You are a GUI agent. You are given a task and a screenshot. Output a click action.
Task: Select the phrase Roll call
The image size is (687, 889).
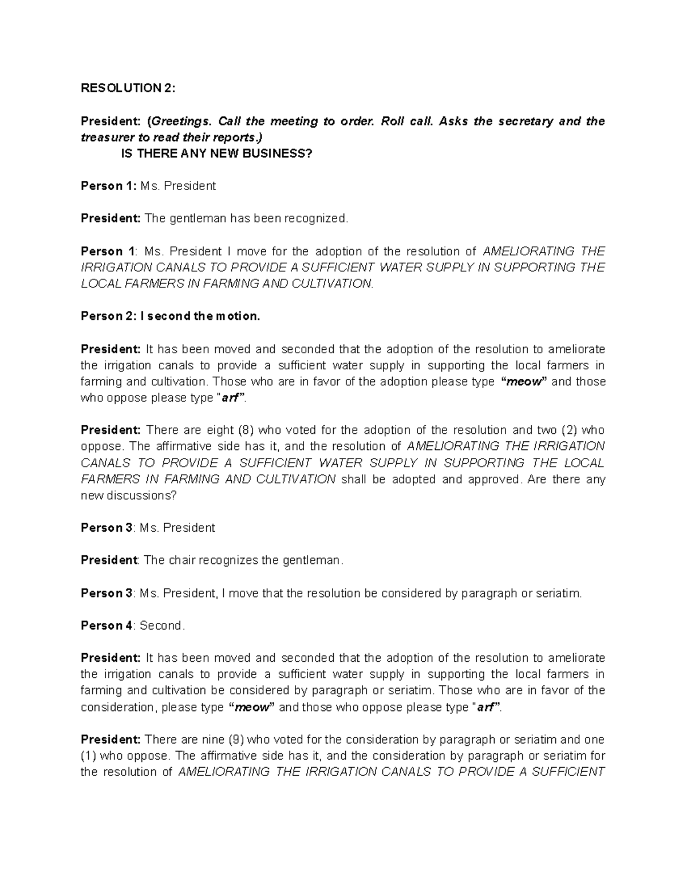click(405, 121)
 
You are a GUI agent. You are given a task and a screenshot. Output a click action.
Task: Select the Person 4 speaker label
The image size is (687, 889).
click(106, 626)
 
